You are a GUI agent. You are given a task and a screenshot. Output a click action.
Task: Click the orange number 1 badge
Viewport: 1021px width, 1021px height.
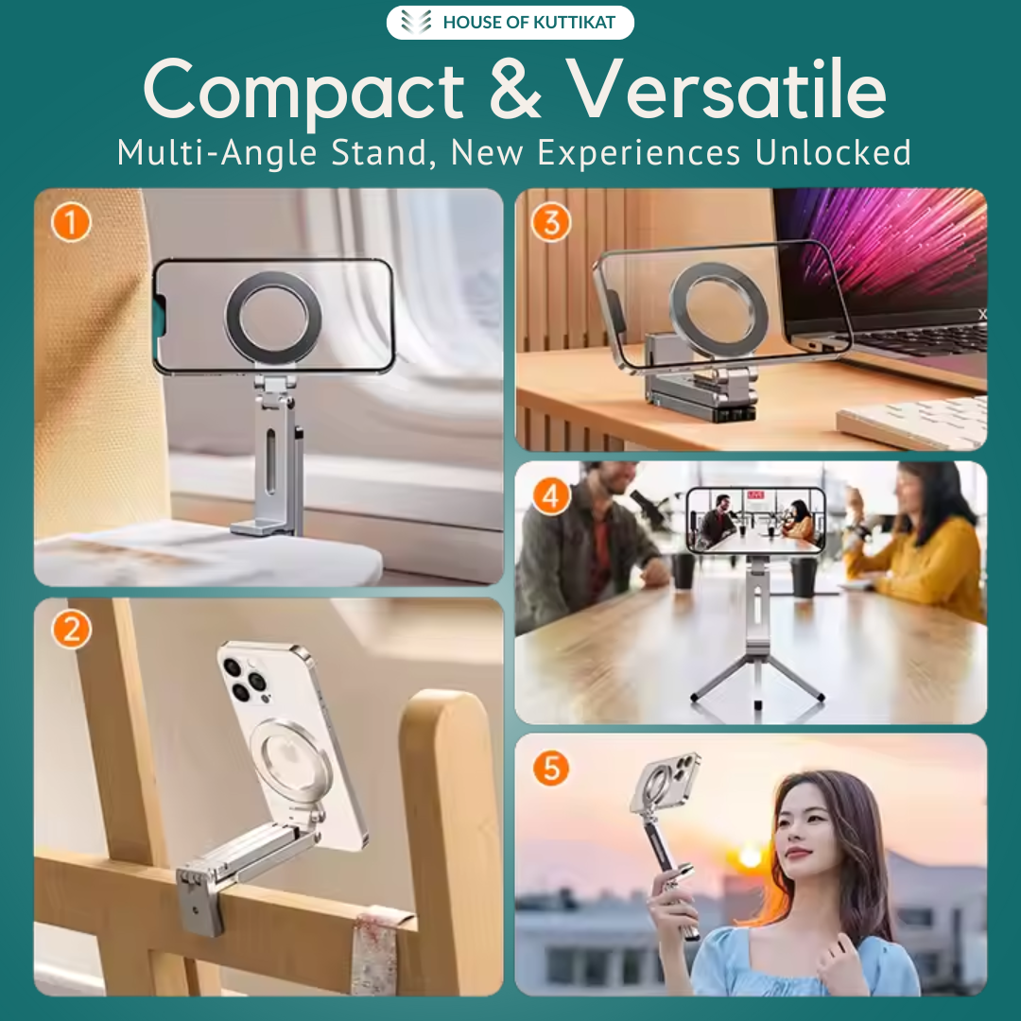tap(71, 224)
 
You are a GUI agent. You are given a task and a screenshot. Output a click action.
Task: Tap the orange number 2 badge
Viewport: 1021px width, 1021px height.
tap(71, 631)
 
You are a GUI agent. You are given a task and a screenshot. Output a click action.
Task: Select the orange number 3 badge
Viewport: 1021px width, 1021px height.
tap(550, 223)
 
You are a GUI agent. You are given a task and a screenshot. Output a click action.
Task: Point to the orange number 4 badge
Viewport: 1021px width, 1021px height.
tap(551, 495)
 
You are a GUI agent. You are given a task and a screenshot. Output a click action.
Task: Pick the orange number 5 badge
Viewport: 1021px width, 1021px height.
tap(550, 769)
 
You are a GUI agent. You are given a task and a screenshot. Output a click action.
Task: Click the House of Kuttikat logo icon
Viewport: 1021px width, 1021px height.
tap(416, 23)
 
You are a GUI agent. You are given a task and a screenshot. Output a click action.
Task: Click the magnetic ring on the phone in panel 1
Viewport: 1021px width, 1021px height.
tap(272, 318)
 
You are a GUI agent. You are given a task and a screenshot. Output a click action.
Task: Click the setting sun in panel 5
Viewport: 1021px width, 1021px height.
tap(751, 857)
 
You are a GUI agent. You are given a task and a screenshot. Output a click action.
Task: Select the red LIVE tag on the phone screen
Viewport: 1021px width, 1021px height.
tap(755, 494)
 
